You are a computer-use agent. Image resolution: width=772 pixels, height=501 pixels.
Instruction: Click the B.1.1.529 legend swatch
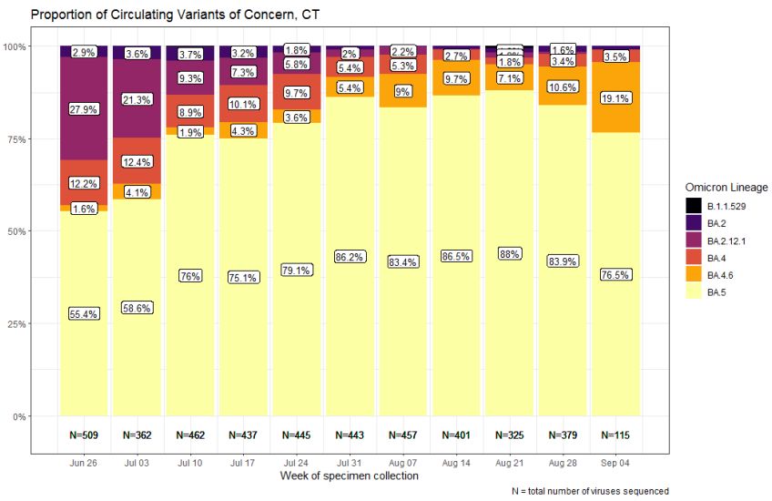694,206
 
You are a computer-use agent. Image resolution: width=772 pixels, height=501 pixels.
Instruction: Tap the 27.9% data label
83,109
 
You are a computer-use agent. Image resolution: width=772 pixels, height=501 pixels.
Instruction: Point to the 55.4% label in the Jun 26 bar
83,313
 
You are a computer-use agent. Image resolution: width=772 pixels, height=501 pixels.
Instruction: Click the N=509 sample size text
83,435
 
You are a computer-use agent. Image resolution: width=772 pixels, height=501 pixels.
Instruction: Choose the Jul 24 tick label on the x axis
299,464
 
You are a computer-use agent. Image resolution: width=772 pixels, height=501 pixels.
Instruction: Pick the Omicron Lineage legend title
726,188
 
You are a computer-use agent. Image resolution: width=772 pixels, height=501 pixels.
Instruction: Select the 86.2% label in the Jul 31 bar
352,257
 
